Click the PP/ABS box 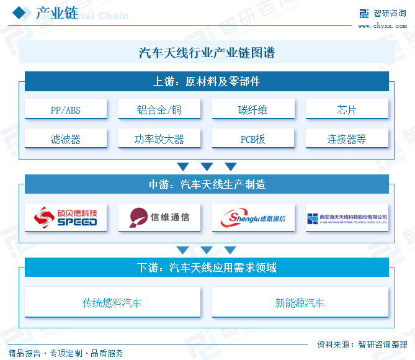click(x=66, y=110)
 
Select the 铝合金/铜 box click(x=159, y=110)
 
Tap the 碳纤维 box click(x=253, y=110)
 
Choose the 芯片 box click(x=347, y=110)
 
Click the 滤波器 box click(x=66, y=139)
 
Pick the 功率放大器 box click(x=159, y=139)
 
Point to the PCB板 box click(x=253, y=139)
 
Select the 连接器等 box click(x=347, y=139)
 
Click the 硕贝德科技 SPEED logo click(x=66, y=217)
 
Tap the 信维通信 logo click(x=159, y=217)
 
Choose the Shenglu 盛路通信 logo click(x=253, y=218)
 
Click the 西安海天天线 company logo click(x=347, y=218)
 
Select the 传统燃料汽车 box click(x=112, y=303)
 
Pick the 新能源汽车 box click(x=300, y=303)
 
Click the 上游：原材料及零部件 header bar click(x=207, y=81)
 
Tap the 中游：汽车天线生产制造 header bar click(x=207, y=184)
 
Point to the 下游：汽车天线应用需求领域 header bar click(x=207, y=268)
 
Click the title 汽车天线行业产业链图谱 click(x=207, y=53)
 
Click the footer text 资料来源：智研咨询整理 click(x=362, y=344)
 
